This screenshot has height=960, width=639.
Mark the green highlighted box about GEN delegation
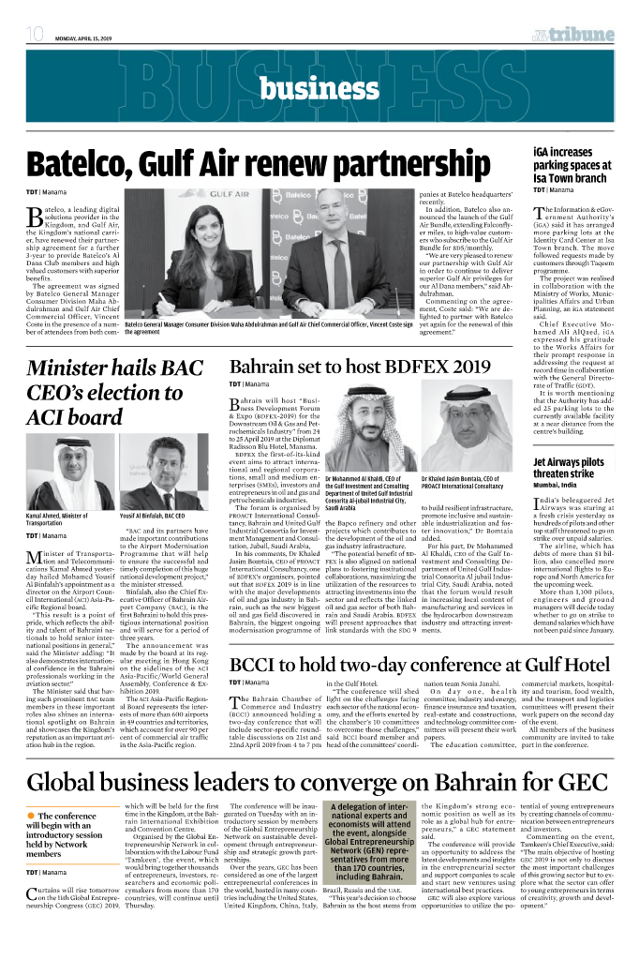368,846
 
